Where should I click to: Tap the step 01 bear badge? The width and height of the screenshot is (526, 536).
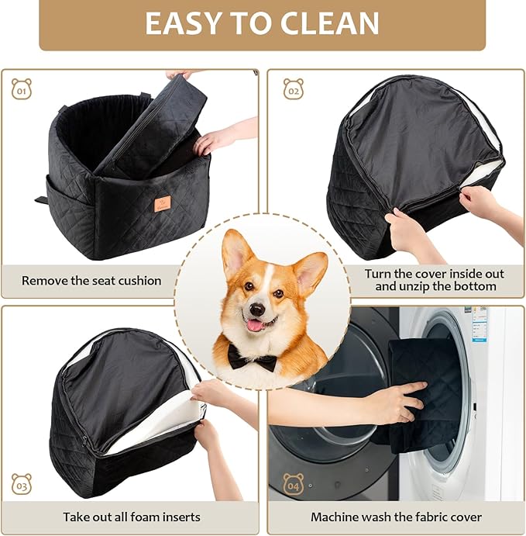(22, 88)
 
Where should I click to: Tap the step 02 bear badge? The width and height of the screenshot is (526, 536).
(293, 88)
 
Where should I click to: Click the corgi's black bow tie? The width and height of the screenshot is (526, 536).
(252, 358)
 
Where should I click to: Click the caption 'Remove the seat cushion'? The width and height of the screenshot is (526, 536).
(91, 280)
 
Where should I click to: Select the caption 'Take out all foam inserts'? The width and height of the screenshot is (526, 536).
(131, 517)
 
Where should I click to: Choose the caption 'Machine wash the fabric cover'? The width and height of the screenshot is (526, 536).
(396, 517)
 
